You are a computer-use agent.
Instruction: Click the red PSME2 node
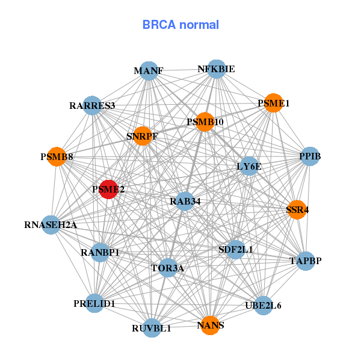click(108, 190)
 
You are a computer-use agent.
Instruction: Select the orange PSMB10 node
click(205, 122)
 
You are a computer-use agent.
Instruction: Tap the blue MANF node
click(149, 71)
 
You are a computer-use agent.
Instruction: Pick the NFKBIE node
click(216, 69)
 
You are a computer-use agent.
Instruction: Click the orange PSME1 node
click(273, 103)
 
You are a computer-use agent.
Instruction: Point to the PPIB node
click(309, 157)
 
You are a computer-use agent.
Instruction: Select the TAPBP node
click(306, 261)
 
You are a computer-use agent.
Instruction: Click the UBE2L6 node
click(263, 305)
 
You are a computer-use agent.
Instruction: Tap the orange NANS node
click(210, 326)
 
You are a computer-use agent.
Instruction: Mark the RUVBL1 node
click(152, 328)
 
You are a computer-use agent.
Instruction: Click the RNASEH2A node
click(51, 226)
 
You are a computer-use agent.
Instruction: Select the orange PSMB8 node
click(57, 157)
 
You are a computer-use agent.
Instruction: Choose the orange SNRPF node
click(142, 136)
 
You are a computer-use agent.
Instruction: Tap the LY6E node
click(249, 165)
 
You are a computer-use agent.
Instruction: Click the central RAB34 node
click(185, 201)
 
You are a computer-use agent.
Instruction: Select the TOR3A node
click(168, 267)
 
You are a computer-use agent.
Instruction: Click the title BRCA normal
click(180, 25)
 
